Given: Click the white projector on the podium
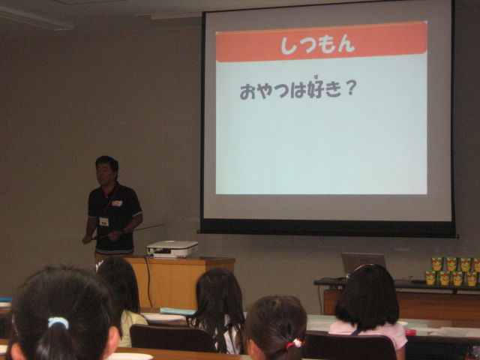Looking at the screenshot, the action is click(172, 248).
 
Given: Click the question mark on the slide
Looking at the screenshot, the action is click(351, 88).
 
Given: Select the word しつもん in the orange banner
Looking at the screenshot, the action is click(318, 45).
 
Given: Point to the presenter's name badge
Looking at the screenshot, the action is click(104, 221).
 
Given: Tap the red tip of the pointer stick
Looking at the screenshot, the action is click(163, 225).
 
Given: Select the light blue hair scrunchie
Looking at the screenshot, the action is click(58, 322).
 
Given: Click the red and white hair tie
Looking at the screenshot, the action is click(295, 343).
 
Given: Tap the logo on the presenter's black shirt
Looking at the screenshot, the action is click(117, 203).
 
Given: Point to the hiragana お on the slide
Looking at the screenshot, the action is click(247, 91).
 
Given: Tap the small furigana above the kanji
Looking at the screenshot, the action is click(315, 76).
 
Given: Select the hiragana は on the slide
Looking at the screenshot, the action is click(298, 91).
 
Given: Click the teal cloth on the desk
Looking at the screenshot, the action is click(178, 311).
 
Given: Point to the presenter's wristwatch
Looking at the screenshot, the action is click(123, 232).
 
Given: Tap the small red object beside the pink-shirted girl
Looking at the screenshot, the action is click(410, 332).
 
